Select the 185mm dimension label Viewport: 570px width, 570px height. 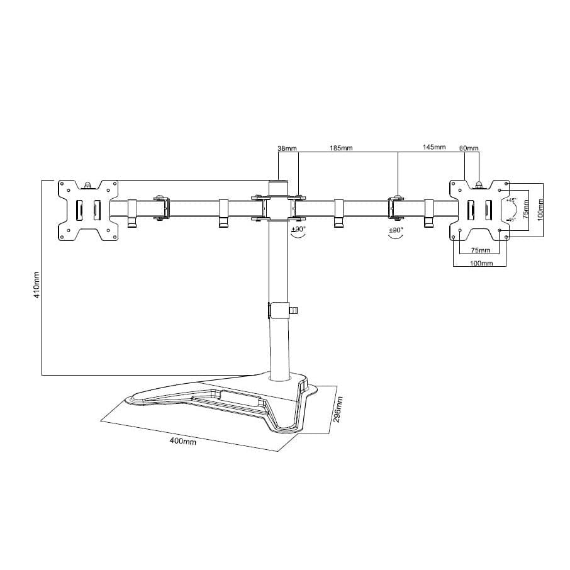click(x=341, y=148)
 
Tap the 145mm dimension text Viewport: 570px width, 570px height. click(x=434, y=148)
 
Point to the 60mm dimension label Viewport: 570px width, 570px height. click(x=469, y=148)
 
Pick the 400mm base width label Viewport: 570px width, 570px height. click(x=183, y=441)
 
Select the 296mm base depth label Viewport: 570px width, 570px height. click(x=338, y=410)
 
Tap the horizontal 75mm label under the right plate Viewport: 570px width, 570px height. click(x=481, y=250)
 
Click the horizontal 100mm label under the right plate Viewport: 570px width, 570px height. click(x=481, y=263)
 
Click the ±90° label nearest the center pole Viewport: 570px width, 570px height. click(x=298, y=230)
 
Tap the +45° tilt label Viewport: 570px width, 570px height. click(x=511, y=200)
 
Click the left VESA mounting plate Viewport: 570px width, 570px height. click(x=88, y=210)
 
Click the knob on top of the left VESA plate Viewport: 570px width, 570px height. click(x=88, y=184)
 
